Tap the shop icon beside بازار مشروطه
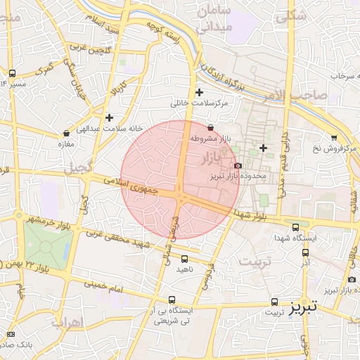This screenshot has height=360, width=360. pos(212,127)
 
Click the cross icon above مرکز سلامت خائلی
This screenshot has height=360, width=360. pos(200,92)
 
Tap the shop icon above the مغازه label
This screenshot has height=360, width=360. pos(66,132)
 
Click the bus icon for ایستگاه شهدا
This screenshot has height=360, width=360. pos(295,227)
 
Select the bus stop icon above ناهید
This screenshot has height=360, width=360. pos(184,259)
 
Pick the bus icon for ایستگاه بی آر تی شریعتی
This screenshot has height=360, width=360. pos(172,300)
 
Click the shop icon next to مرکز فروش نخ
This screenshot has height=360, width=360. pos(333,138)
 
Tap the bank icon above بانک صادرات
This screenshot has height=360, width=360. pos(11,333)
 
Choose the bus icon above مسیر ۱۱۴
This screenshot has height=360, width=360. pos(12,73)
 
